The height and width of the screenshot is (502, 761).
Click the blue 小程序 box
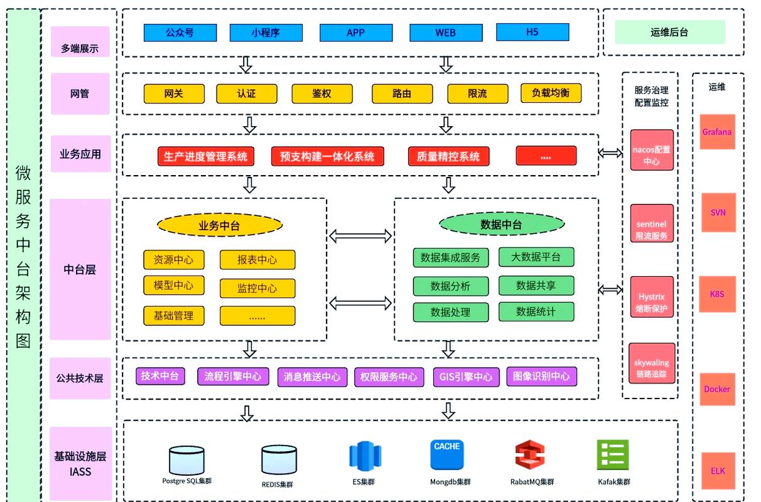coord(266,33)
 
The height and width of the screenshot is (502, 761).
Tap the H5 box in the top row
coord(532,32)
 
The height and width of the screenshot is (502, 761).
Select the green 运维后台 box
coord(669,32)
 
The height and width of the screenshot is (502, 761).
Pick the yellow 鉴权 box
coord(322,93)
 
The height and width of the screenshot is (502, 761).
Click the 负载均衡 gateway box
coord(551,93)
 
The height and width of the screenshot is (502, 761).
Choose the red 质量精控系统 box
coord(448,156)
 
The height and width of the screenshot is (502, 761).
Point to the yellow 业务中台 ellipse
coord(220,225)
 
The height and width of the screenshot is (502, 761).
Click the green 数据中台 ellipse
coord(502,224)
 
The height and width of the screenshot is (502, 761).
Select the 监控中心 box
coord(257,289)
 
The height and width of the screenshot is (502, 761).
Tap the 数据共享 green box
coord(536,286)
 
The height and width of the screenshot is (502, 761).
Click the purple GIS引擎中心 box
coord(466,376)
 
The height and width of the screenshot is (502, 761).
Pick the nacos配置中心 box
coord(652,150)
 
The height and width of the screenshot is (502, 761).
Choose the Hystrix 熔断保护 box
coord(652,297)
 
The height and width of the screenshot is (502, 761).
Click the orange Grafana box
coord(717,132)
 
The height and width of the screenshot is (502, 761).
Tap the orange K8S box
coord(717,294)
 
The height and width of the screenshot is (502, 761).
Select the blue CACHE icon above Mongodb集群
coord(447,455)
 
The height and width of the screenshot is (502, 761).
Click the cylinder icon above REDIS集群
coord(279,459)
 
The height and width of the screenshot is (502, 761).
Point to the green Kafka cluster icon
coord(613,455)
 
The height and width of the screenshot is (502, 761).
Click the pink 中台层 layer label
coord(80,269)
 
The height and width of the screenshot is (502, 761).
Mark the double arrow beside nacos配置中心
coord(610,153)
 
